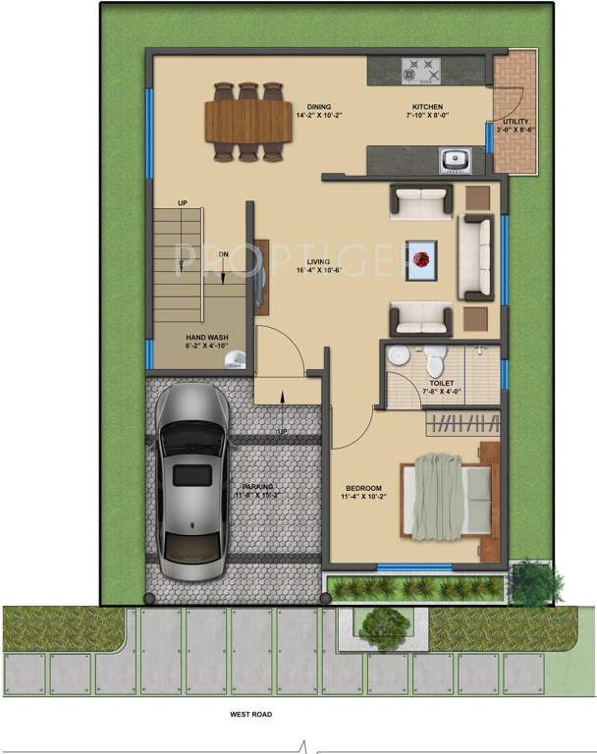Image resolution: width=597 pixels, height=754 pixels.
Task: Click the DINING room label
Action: tap(318, 107)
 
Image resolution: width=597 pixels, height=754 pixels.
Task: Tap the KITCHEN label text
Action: tap(427, 107)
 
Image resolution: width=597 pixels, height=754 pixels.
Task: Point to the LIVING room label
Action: tap(317, 261)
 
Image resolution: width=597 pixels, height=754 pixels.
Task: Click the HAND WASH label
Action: tap(207, 337)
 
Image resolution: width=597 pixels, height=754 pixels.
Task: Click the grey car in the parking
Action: tap(192, 485)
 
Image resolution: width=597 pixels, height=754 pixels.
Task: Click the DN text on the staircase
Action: tap(224, 254)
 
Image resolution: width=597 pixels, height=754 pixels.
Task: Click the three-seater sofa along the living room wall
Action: tap(477, 258)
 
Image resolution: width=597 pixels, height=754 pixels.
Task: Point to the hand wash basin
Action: tap(234, 360)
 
